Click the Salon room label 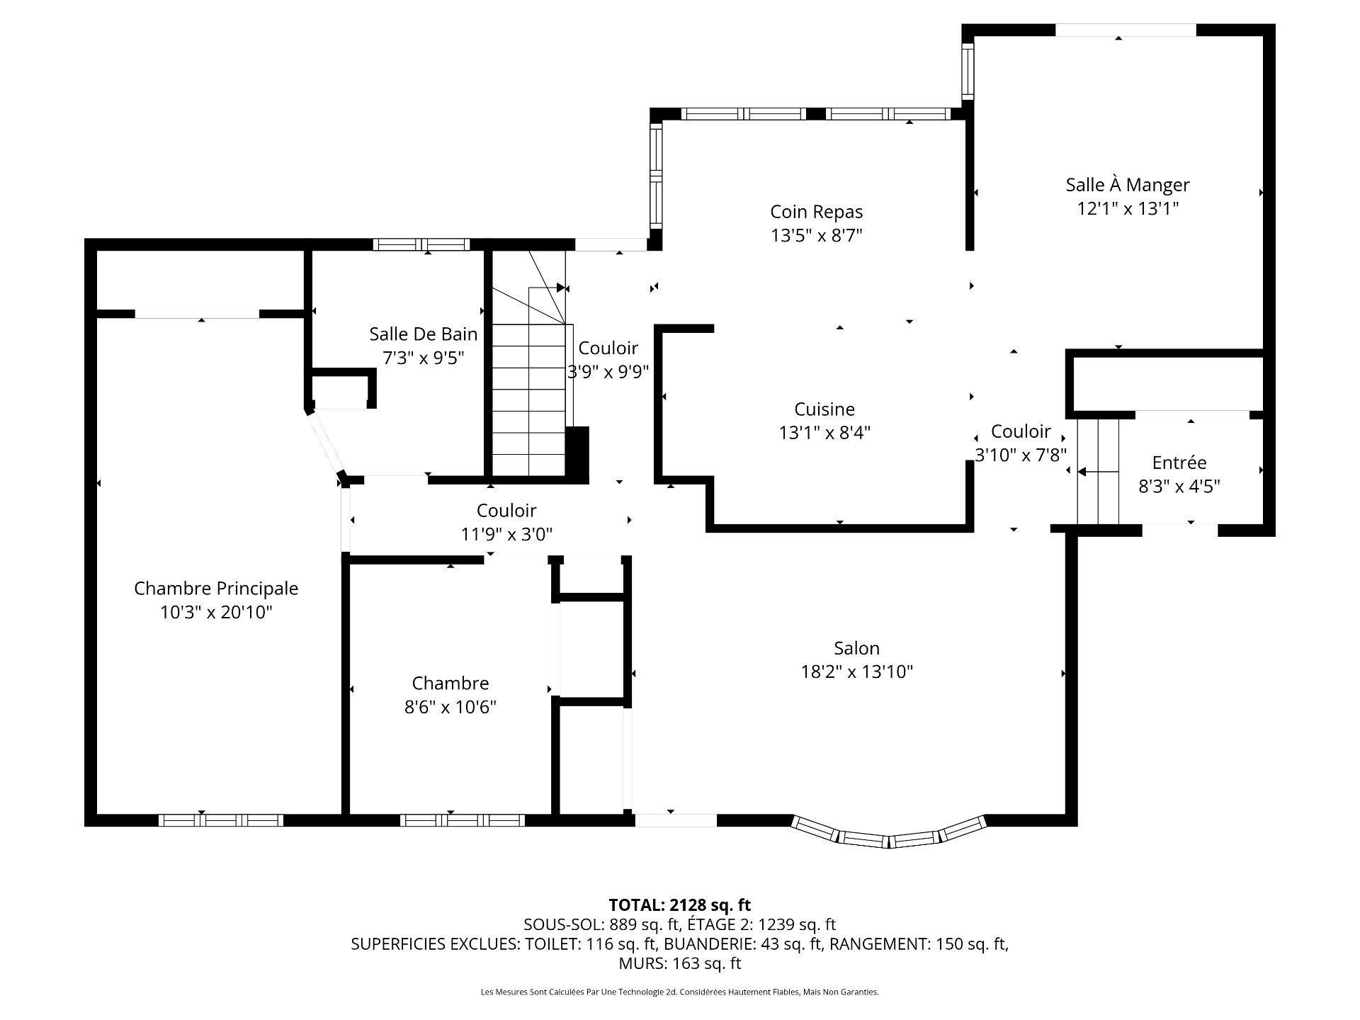pyautogui.click(x=856, y=648)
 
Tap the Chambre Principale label pyautogui.click(x=216, y=588)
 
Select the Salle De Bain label pyautogui.click(x=424, y=334)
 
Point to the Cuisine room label pyautogui.click(x=824, y=409)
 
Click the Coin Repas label pyautogui.click(x=817, y=212)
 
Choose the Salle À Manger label pyautogui.click(x=1128, y=184)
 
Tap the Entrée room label pyautogui.click(x=1179, y=463)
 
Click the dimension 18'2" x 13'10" pyautogui.click(x=856, y=671)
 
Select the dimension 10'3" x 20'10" pyautogui.click(x=216, y=612)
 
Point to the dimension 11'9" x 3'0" pyautogui.click(x=506, y=534)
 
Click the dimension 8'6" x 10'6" pyautogui.click(x=450, y=707)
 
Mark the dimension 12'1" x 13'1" pyautogui.click(x=1128, y=208)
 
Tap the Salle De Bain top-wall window pyautogui.click(x=421, y=245)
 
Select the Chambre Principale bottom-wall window pyautogui.click(x=220, y=820)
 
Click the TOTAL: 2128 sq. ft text pyautogui.click(x=680, y=905)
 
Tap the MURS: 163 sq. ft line pyautogui.click(x=680, y=963)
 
